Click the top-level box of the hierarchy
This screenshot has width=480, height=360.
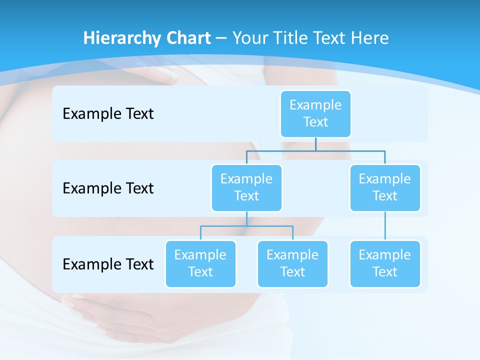[x=315, y=113]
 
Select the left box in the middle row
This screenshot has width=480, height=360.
[x=246, y=187]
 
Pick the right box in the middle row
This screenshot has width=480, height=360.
[x=385, y=187]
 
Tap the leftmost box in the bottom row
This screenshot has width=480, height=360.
[x=200, y=263]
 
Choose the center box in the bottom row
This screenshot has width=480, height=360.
[x=292, y=263]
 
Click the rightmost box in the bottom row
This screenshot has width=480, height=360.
[x=385, y=263]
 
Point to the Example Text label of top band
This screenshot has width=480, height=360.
[x=108, y=113]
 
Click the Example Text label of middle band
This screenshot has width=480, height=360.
[x=108, y=188]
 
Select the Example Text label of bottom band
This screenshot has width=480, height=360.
[x=108, y=264]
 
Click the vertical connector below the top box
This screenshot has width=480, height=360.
[x=315, y=144]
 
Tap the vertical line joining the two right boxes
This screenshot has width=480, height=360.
[x=385, y=226]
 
